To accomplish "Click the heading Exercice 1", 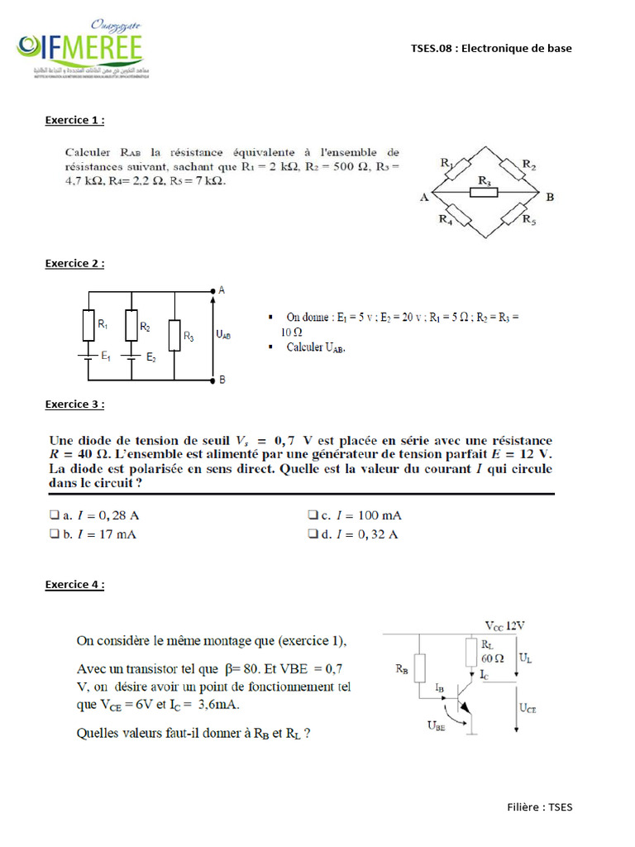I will tap(74, 120).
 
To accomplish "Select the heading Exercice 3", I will tap(74, 404).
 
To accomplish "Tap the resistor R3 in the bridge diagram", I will tap(484, 193).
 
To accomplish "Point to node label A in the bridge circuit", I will tap(423, 197).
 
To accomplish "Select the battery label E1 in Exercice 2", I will tap(106, 357).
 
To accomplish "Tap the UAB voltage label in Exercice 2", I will tap(223, 335).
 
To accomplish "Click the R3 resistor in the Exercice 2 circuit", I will tap(174, 335).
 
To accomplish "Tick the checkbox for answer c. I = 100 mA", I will tap(313, 515).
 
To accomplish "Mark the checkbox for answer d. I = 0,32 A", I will tap(313, 534).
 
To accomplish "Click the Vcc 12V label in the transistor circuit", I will tap(504, 626).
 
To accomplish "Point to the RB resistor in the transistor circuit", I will tap(420, 668).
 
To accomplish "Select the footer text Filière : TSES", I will tap(538, 807).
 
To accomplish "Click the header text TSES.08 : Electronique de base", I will tap(491, 48).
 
